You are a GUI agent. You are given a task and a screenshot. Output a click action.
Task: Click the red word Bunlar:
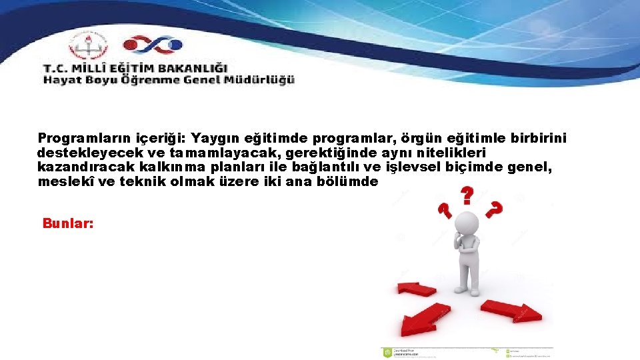coord(67,223)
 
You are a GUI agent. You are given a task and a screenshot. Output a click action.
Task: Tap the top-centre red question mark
coord(467,195)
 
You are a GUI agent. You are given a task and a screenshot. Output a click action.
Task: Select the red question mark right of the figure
coord(494,210)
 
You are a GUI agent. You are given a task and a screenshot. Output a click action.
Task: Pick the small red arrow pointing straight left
coord(416,289)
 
